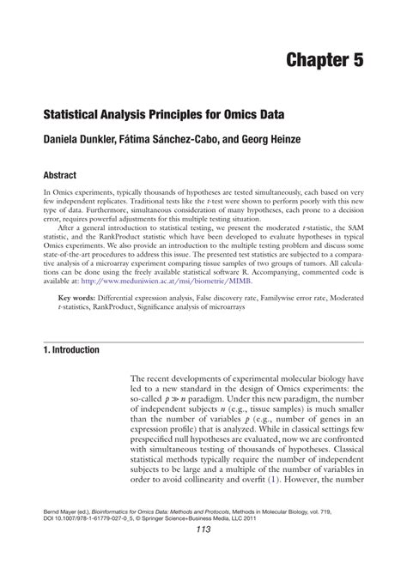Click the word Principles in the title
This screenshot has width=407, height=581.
(x=175, y=114)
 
